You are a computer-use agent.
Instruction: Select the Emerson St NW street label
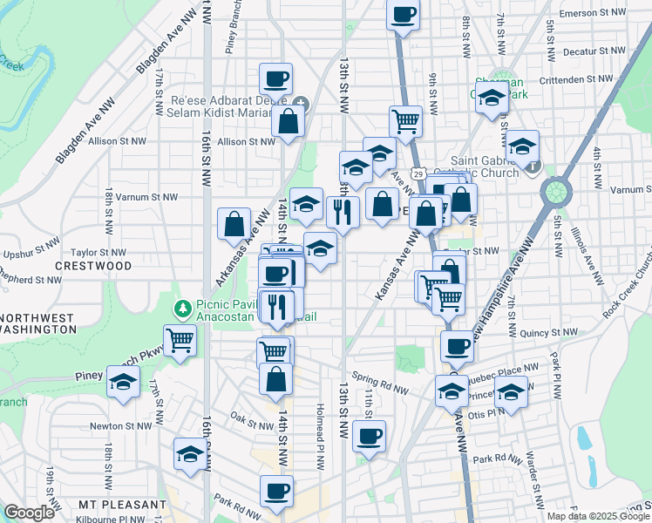coord(594,13)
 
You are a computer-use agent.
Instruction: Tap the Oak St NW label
coord(253,425)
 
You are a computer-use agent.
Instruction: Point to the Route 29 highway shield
coord(419,174)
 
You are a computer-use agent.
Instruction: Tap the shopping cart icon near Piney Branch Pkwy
coord(180,340)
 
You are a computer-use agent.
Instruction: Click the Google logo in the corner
coord(29,513)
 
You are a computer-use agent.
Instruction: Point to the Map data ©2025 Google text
coord(597,516)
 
